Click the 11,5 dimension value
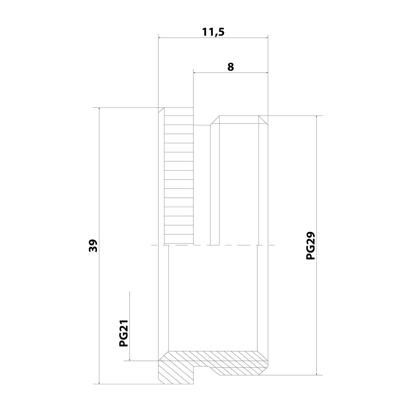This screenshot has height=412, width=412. (x=213, y=32)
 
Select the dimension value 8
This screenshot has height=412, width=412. (x=230, y=67)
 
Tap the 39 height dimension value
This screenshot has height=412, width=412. (x=93, y=246)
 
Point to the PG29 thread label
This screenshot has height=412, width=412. (x=310, y=246)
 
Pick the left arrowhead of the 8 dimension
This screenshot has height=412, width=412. (x=196, y=73)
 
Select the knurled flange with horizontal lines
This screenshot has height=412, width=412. (x=179, y=176)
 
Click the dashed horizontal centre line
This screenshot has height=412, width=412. (x=239, y=245)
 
